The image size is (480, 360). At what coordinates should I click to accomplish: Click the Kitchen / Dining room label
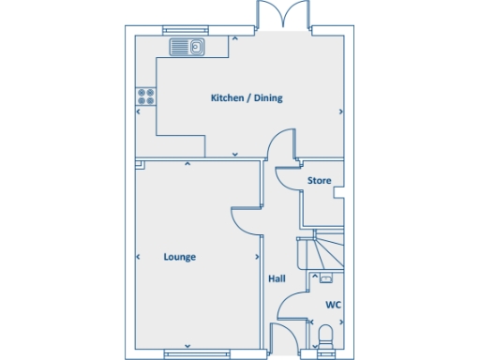[247, 97]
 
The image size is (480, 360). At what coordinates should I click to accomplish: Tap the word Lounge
[179, 257]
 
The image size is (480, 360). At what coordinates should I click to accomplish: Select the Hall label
[277, 278]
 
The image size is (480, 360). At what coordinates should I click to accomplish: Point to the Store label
[319, 180]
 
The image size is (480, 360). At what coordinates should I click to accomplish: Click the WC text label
[332, 305]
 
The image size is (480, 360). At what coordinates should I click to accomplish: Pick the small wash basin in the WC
[325, 278]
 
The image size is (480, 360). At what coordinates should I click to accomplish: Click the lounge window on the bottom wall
[190, 353]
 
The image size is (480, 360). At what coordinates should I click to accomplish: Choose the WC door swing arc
[293, 307]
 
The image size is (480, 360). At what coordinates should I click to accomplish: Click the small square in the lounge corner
[139, 166]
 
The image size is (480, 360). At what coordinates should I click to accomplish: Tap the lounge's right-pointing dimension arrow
[258, 257]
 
